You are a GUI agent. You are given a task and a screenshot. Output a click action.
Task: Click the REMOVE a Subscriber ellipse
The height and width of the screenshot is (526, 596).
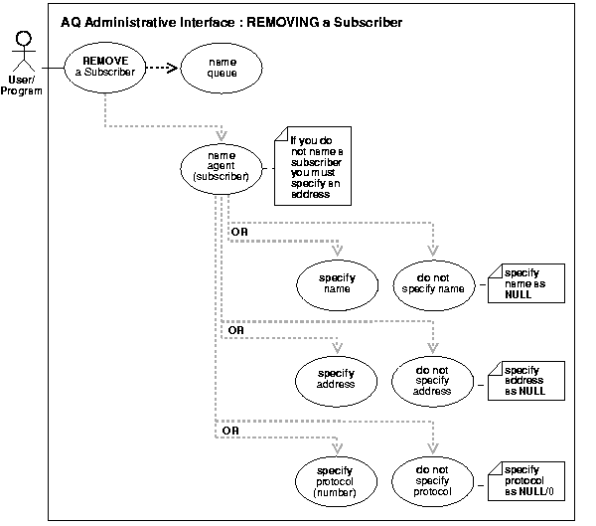[x=104, y=66]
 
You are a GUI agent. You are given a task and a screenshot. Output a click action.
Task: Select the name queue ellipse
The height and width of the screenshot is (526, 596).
[x=222, y=67]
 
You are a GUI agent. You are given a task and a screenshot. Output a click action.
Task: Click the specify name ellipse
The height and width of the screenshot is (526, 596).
[x=339, y=281]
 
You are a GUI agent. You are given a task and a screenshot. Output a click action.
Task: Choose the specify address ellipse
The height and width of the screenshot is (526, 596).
[x=339, y=378]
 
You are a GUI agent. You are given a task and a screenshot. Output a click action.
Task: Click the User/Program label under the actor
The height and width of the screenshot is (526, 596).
[x=23, y=87]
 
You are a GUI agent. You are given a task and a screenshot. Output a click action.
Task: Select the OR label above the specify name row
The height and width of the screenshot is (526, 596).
[x=239, y=232]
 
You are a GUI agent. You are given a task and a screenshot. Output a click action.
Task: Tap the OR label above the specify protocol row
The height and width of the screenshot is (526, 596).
[x=227, y=430]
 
